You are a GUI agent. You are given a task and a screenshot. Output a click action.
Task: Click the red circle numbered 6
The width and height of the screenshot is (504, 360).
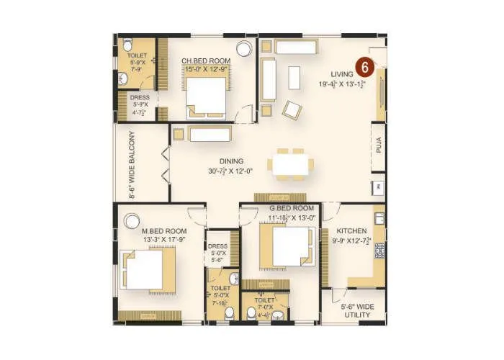click(365, 68)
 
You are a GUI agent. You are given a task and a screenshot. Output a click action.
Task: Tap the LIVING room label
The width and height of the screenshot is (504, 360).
click(343, 74)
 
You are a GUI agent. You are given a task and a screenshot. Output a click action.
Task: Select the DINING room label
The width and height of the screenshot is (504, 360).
click(232, 161)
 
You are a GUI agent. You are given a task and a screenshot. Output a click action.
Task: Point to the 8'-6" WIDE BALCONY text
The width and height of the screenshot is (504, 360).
click(132, 165)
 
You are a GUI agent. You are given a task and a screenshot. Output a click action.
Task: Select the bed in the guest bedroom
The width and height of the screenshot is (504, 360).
click(287, 246)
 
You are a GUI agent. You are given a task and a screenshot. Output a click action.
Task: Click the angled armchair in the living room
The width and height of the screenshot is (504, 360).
click(292, 109)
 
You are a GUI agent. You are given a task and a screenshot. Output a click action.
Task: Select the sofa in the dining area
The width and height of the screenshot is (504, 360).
click(210, 133)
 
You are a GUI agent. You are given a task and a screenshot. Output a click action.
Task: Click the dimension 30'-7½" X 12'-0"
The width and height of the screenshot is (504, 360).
click(232, 171)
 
